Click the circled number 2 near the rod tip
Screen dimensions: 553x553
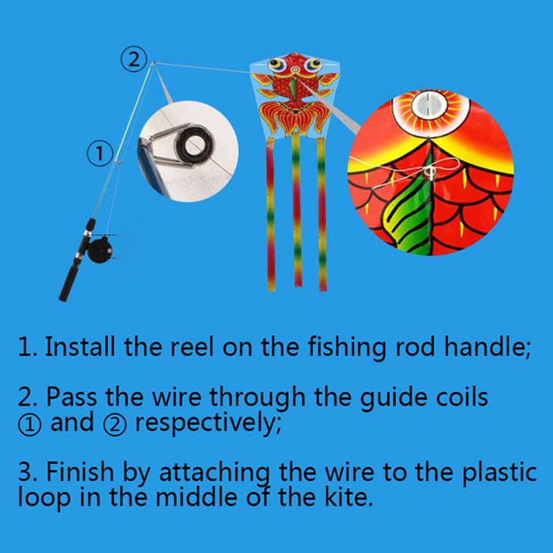click(133, 59)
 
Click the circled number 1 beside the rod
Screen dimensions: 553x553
click(100, 153)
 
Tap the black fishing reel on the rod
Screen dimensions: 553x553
click(100, 250)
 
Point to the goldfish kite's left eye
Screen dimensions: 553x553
click(276, 64)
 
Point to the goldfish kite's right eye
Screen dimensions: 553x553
click(313, 64)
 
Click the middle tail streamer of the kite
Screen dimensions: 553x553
click(297, 209)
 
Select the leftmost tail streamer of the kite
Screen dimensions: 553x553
click(271, 214)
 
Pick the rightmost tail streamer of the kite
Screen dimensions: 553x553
click(321, 214)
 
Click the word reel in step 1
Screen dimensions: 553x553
click(192, 347)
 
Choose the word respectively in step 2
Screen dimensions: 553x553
click(208, 423)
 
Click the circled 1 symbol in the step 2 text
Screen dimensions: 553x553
click(30, 424)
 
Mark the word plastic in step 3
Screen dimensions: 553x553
click(500, 473)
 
